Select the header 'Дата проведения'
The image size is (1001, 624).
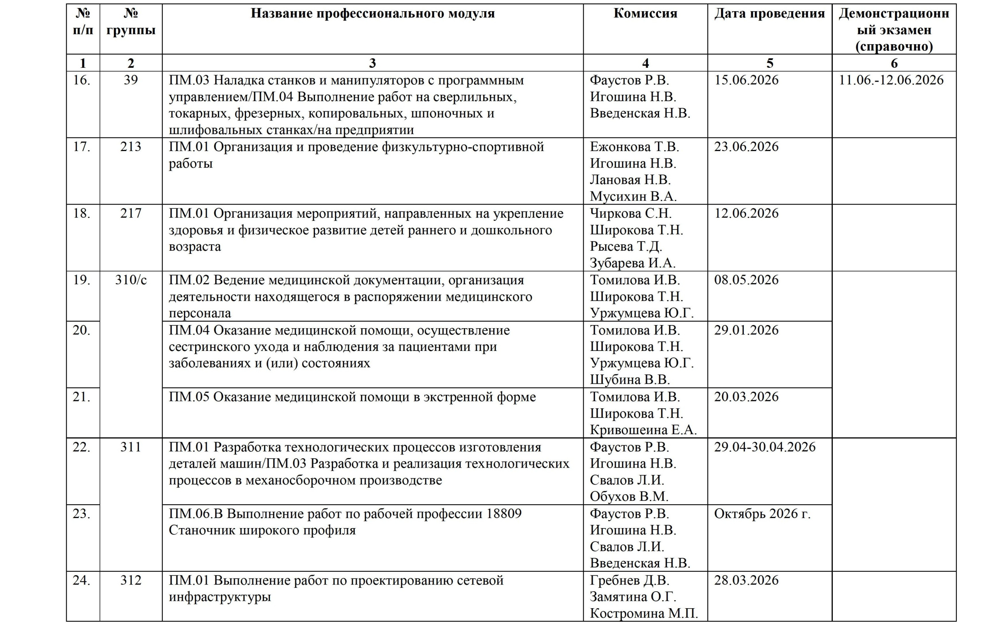coord(769,13)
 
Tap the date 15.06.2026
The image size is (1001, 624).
coord(746,80)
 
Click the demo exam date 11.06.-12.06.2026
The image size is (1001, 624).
coord(891,80)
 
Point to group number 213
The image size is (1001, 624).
coord(131,147)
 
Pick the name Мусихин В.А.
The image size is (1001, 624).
coord(633,196)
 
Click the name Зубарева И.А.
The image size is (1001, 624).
coord(633,263)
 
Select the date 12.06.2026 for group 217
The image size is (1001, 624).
coord(746,213)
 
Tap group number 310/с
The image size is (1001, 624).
coord(131,280)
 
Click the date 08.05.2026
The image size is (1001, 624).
coord(746,280)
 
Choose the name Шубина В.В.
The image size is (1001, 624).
coord(630,380)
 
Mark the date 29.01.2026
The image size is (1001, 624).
coord(746,330)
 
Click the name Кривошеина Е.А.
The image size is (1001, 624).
coord(643,430)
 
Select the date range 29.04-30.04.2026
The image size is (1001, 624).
coord(765,447)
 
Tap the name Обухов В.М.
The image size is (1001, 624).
coord(629,497)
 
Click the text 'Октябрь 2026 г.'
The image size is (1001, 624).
coord(762,514)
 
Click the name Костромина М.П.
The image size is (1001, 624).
coord(644,614)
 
